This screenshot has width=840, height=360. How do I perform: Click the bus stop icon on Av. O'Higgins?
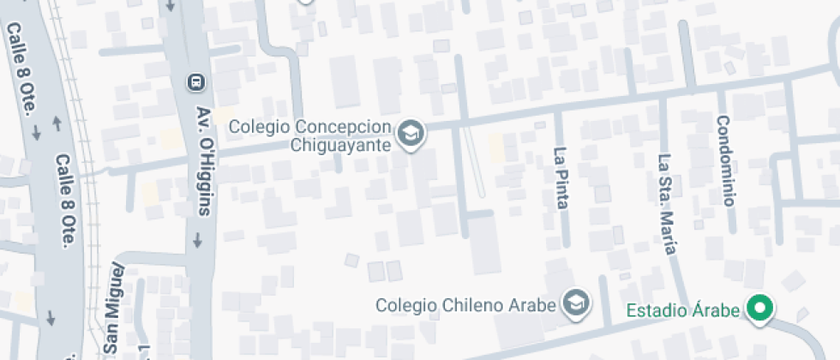195,82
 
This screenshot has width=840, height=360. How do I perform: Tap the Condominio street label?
725,161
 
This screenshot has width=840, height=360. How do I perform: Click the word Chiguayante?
341,145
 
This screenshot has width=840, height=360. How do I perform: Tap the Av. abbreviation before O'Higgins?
202,117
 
